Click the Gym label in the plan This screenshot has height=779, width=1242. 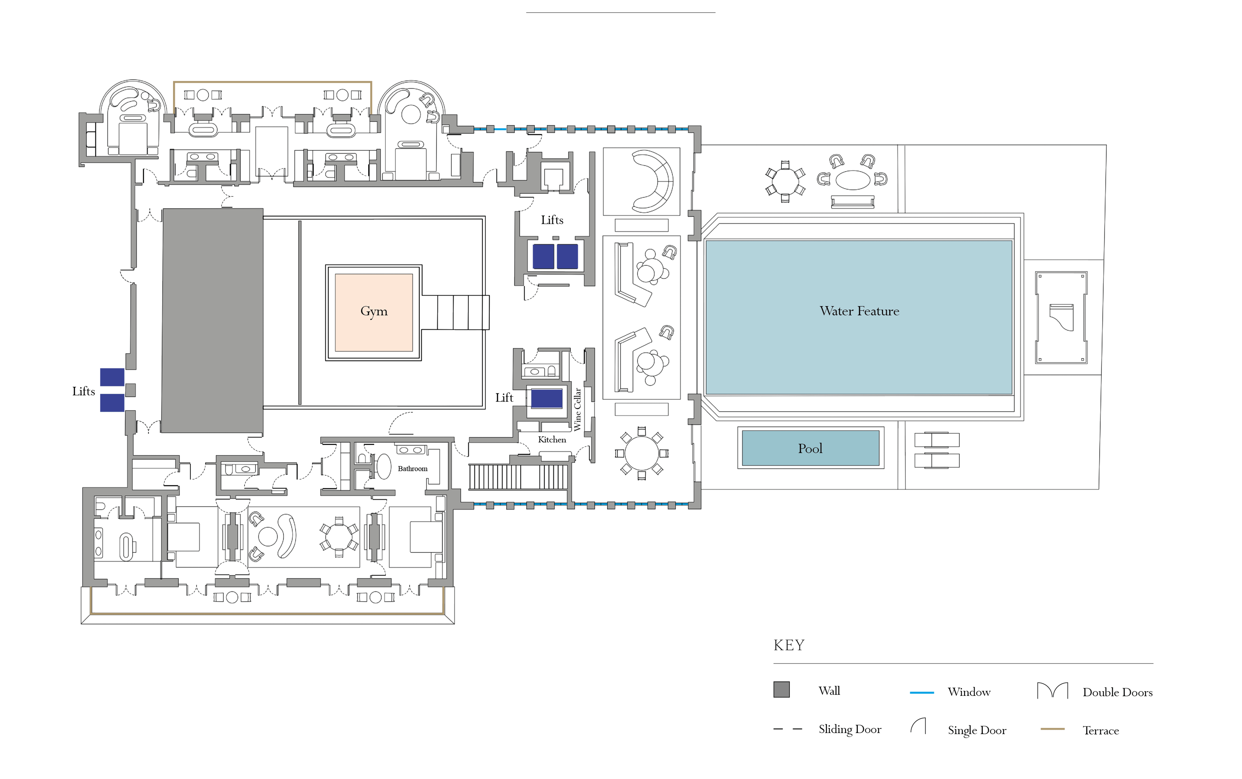[x=374, y=311]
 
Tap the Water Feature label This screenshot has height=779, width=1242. [x=859, y=311]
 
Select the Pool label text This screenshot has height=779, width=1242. [x=810, y=449]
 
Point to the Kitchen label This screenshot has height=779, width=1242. [x=552, y=439]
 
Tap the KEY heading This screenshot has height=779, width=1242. [x=788, y=645]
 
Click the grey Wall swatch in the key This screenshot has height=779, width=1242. [x=781, y=689]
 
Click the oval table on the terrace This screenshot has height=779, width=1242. [x=853, y=179]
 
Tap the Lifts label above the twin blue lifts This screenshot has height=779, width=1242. [x=552, y=220]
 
